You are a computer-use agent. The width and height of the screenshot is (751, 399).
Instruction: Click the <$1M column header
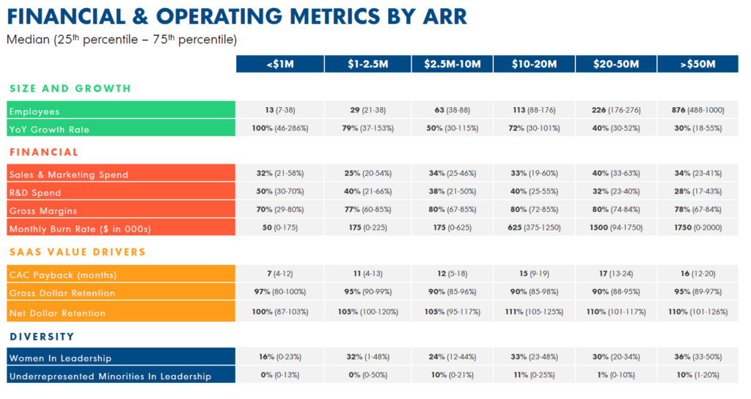(x=279, y=65)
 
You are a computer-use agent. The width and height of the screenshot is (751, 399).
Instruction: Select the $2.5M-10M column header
(x=452, y=65)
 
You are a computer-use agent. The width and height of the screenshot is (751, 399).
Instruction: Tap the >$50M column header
(x=697, y=65)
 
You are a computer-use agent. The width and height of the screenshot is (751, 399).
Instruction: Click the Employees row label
(x=33, y=111)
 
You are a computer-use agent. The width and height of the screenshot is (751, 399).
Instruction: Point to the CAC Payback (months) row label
(x=62, y=275)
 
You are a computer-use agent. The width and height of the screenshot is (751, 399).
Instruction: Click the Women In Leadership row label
(x=60, y=358)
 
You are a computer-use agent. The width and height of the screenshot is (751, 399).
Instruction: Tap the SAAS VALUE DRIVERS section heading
(x=77, y=252)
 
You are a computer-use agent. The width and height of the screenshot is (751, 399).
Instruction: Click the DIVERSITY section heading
(x=42, y=337)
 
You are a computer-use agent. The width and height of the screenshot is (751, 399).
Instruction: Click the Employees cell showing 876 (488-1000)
(x=697, y=110)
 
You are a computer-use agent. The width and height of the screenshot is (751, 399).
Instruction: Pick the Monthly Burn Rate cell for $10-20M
(x=535, y=227)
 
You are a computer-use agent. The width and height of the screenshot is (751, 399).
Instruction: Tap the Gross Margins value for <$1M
(x=279, y=210)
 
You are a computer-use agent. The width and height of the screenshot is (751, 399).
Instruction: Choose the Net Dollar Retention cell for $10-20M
(x=535, y=312)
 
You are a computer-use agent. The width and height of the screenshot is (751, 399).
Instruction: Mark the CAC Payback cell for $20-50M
(x=615, y=274)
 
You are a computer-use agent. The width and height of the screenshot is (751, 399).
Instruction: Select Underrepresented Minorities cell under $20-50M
(x=615, y=375)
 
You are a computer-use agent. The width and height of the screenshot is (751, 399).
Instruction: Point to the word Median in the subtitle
(x=27, y=39)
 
